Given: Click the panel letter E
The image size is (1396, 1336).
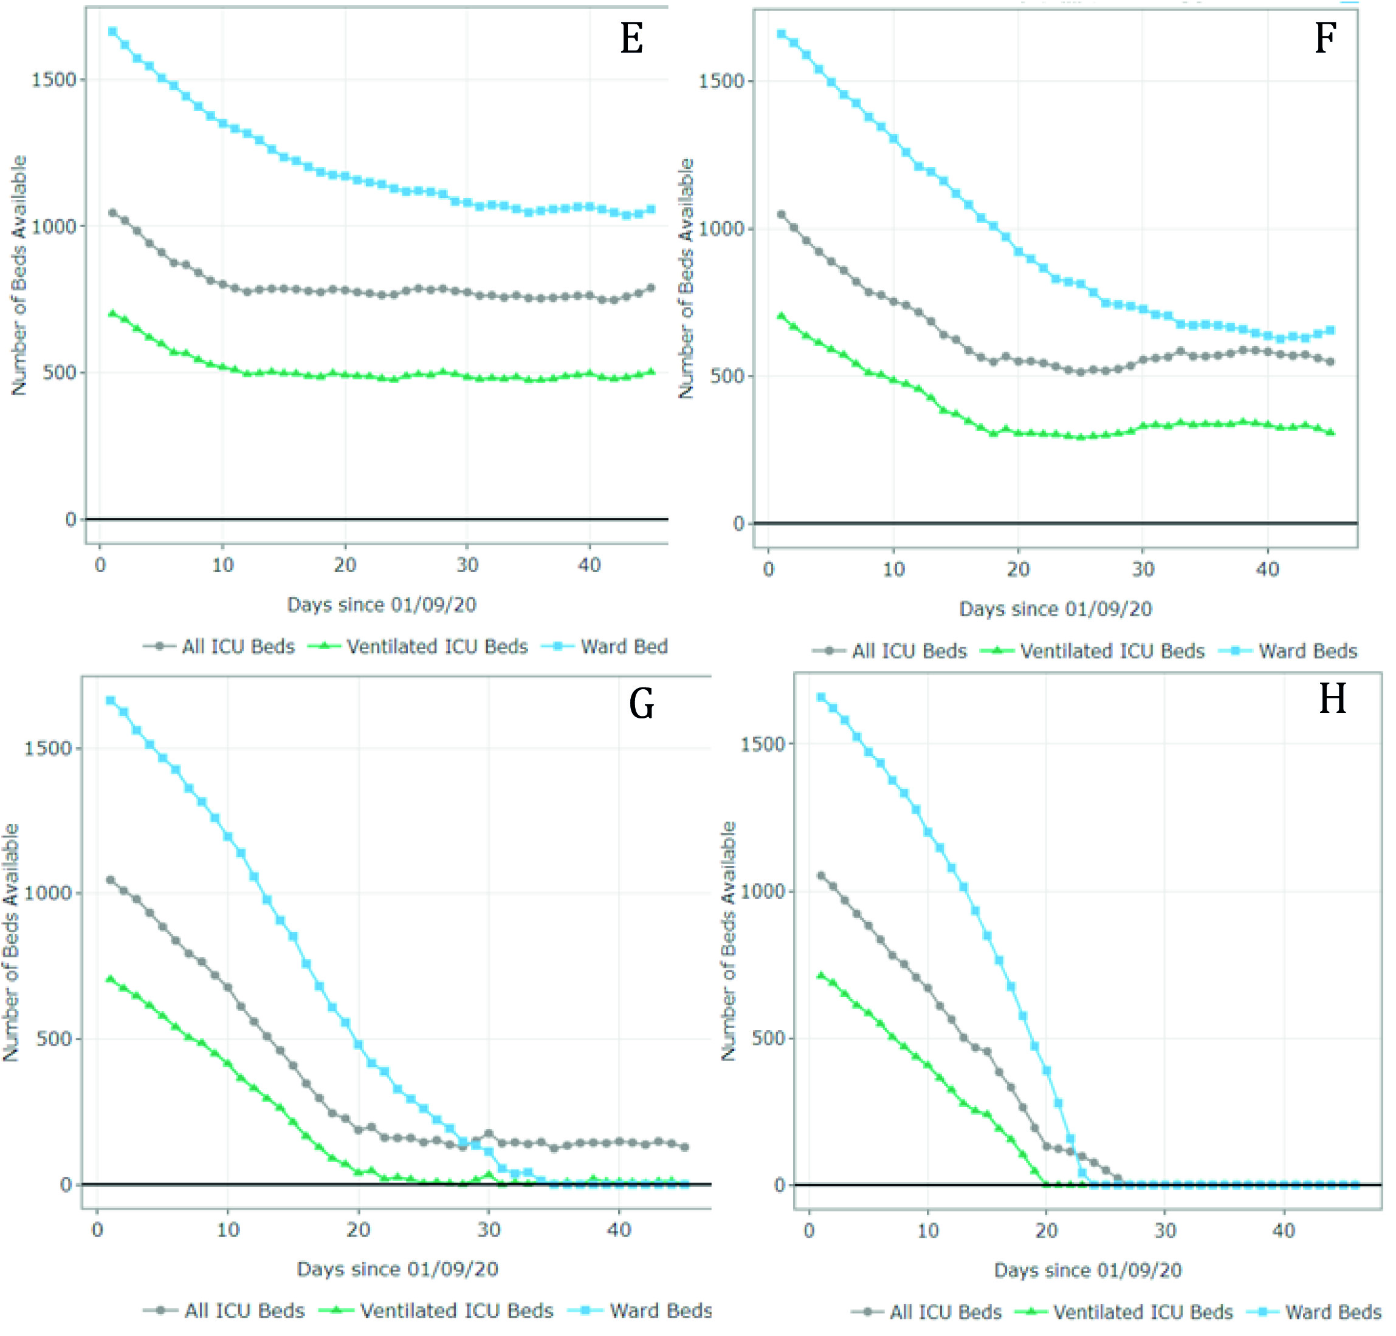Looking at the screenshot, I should (x=631, y=38).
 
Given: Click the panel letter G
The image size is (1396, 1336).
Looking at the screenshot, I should (x=641, y=704).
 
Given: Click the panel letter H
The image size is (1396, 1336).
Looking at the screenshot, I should (x=1332, y=699).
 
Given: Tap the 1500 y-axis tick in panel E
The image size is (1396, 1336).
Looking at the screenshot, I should (x=53, y=80).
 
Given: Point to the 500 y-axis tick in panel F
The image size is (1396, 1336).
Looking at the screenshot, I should (x=726, y=376).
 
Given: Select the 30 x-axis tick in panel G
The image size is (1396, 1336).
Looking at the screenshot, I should (x=489, y=1229).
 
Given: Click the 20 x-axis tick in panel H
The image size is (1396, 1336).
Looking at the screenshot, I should (x=1047, y=1231).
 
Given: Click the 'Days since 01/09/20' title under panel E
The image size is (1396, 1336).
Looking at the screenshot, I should (x=381, y=605).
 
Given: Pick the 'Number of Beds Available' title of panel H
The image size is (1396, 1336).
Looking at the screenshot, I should (x=728, y=940).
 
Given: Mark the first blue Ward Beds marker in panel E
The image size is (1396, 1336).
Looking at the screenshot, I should (x=112, y=32).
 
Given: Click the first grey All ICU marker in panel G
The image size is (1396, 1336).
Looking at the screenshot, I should (x=111, y=881).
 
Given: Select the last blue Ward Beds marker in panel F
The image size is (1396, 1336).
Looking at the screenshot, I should (x=1330, y=331).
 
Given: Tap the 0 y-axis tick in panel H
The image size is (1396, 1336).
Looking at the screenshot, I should (x=779, y=1185).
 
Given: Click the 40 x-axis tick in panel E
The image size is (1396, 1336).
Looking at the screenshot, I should (x=589, y=565).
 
